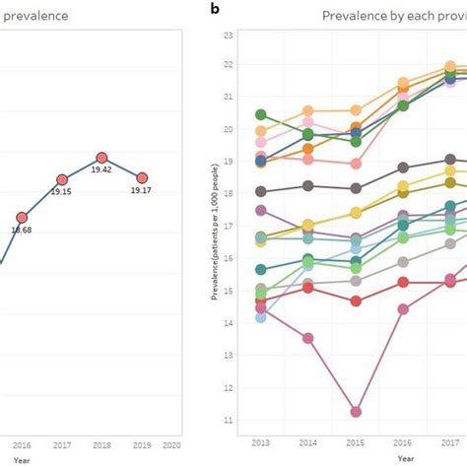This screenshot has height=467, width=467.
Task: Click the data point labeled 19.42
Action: (101, 158)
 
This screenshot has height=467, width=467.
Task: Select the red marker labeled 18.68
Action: (22, 217)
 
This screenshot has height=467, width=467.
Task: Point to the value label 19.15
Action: (61, 192)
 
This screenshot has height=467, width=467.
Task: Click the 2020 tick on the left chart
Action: (170, 444)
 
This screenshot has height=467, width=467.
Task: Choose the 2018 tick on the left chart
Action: (101, 444)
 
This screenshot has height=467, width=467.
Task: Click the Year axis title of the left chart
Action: (22, 458)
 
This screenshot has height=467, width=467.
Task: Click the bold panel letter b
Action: (215, 11)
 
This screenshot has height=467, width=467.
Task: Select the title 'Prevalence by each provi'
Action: (394, 16)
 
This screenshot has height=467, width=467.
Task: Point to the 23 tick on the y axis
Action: (228, 36)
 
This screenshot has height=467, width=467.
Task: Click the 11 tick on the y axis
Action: (228, 421)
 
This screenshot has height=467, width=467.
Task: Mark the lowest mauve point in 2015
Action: (356, 412)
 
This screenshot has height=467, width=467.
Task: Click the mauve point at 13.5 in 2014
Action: (308, 338)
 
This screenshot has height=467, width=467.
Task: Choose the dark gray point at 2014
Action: (308, 185)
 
